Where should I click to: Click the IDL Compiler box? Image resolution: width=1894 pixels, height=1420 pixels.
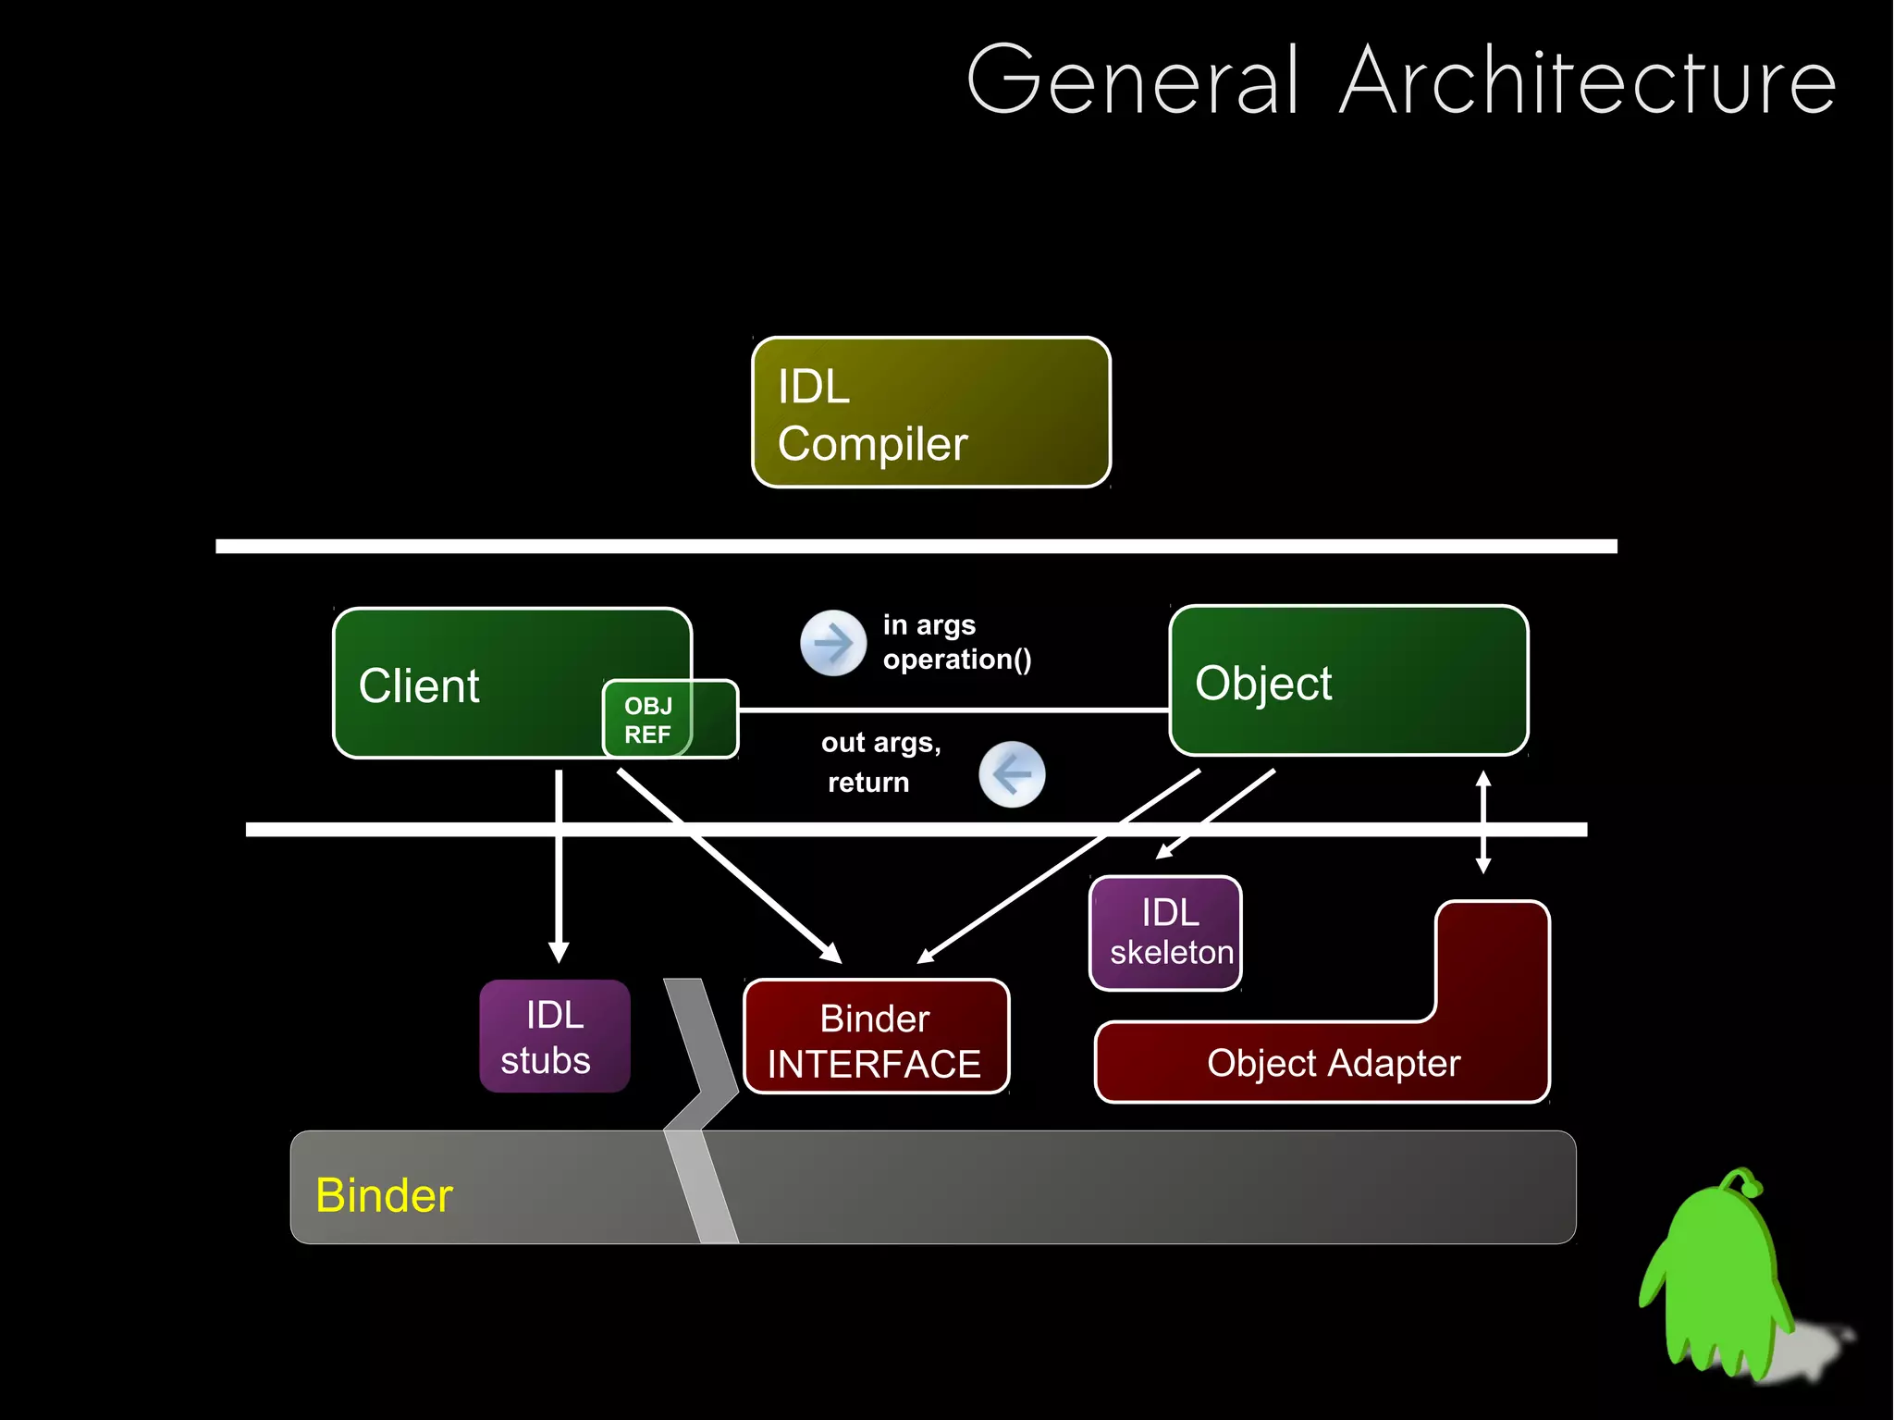930,413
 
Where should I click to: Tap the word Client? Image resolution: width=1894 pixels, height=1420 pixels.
419,686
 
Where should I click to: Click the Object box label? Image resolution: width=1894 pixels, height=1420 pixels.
1263,684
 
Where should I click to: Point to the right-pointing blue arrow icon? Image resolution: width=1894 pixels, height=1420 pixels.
832,643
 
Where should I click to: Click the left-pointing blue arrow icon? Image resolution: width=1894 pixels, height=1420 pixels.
1012,774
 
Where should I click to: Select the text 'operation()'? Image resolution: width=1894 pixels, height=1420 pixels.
956,660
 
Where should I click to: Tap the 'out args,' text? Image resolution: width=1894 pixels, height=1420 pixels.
880,743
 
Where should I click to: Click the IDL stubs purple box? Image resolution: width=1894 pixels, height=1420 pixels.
554,1036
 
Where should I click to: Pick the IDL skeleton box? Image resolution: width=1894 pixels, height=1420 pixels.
1167,932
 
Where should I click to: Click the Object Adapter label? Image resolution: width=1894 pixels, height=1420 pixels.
1333,1063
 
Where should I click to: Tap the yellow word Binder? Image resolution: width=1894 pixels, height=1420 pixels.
384,1195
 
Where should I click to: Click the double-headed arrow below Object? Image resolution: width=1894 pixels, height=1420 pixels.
1482,822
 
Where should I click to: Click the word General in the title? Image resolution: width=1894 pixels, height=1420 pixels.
1134,82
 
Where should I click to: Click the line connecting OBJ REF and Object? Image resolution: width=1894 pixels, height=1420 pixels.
953,710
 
